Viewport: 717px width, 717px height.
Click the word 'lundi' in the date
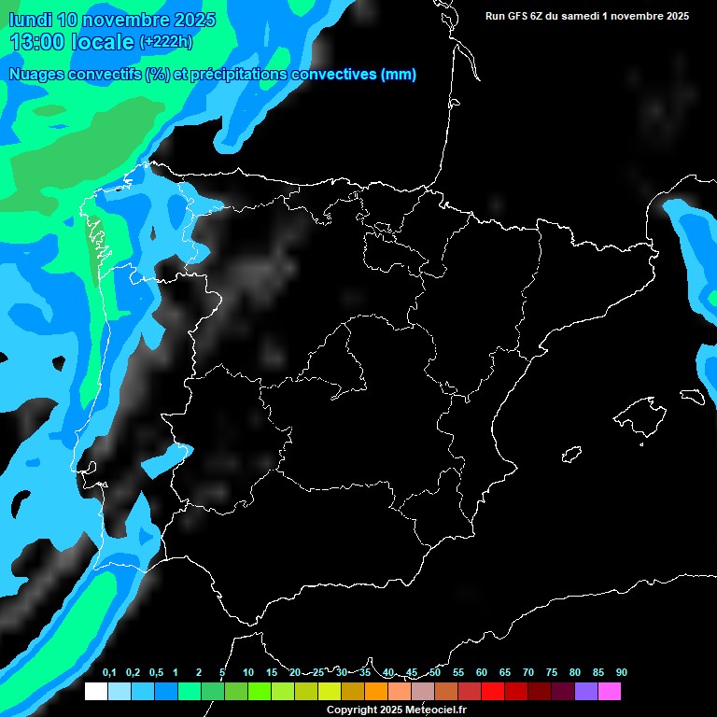coord(30,20)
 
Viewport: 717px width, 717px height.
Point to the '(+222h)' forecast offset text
coord(165,42)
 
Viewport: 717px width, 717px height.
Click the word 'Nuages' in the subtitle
coord(37,75)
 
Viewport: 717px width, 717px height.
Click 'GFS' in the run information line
coord(516,16)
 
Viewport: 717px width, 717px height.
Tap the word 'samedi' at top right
coord(580,16)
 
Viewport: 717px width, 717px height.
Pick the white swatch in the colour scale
coord(95,692)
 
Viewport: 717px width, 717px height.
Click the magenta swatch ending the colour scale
coord(610,692)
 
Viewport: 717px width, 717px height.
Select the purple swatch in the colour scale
coord(586,692)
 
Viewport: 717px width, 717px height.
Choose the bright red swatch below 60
coord(493,692)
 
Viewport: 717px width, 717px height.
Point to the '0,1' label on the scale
coord(109,673)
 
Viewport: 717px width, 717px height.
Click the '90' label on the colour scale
coord(622,673)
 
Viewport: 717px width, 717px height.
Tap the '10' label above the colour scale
coord(248,673)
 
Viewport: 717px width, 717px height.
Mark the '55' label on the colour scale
coord(458,673)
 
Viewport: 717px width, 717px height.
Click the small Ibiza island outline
coord(570,456)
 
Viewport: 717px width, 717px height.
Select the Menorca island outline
coord(693,396)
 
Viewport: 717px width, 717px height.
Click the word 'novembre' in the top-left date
coord(121,20)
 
